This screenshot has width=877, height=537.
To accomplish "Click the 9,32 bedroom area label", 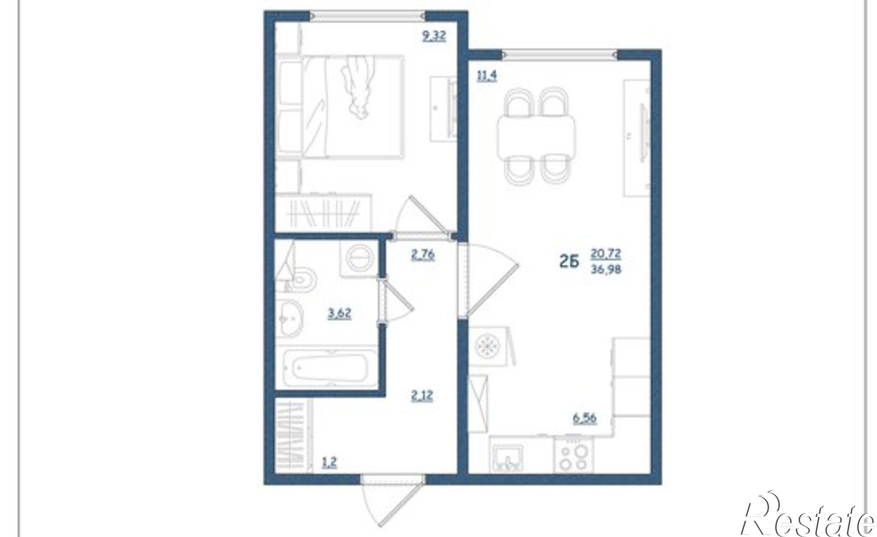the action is pyautogui.click(x=434, y=36).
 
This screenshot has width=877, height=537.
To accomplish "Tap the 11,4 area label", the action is pyautogui.click(x=487, y=76).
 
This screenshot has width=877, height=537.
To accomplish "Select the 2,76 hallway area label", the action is pyautogui.click(x=423, y=255).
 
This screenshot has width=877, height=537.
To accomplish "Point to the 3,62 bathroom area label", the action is pyautogui.click(x=339, y=314).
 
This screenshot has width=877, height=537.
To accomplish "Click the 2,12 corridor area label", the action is pyautogui.click(x=422, y=396).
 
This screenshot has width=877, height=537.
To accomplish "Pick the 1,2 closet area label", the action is pyautogui.click(x=329, y=462).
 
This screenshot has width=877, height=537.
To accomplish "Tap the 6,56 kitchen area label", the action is pyautogui.click(x=585, y=418).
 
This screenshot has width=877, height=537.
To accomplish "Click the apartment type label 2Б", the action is pyautogui.click(x=569, y=262).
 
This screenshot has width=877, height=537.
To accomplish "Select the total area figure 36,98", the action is pyautogui.click(x=606, y=269).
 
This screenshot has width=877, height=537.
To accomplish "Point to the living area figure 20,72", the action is pyautogui.click(x=606, y=253).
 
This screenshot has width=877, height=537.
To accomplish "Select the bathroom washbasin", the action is pyautogui.click(x=290, y=319).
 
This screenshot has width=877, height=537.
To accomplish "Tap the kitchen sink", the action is pyautogui.click(x=507, y=458).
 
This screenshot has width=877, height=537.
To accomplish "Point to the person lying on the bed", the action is pyautogui.click(x=359, y=88).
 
